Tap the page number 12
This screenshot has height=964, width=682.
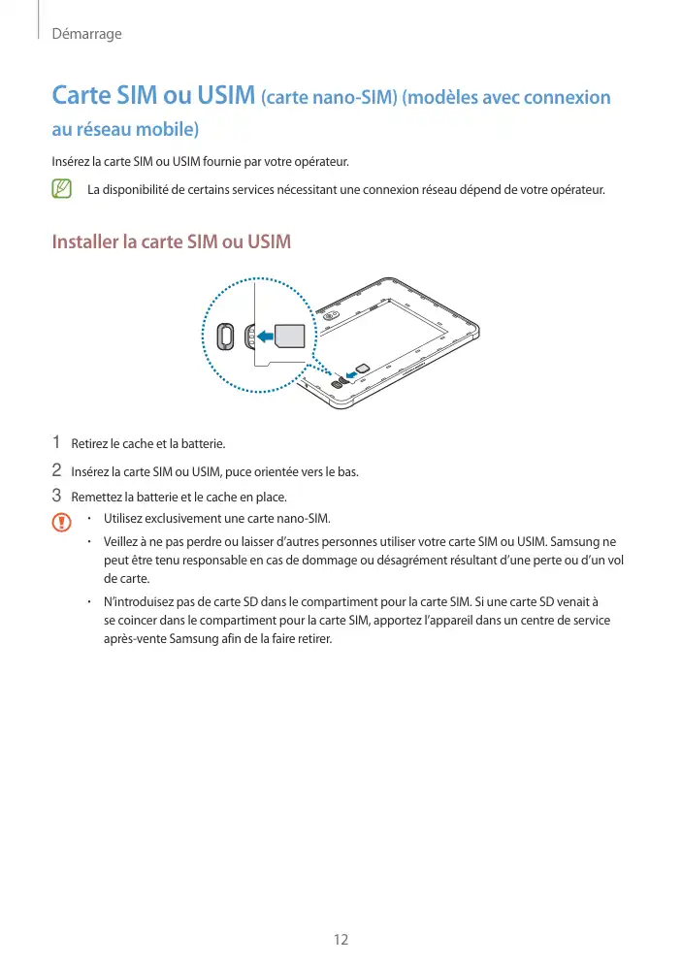341,939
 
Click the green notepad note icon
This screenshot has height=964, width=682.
62,188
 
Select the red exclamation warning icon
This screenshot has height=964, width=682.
62,522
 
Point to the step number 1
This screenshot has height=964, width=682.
56,442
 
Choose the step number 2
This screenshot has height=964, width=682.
56,471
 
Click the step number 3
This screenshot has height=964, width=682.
56,497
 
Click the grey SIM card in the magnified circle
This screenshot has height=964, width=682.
289,336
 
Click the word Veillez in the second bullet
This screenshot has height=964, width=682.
122,540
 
